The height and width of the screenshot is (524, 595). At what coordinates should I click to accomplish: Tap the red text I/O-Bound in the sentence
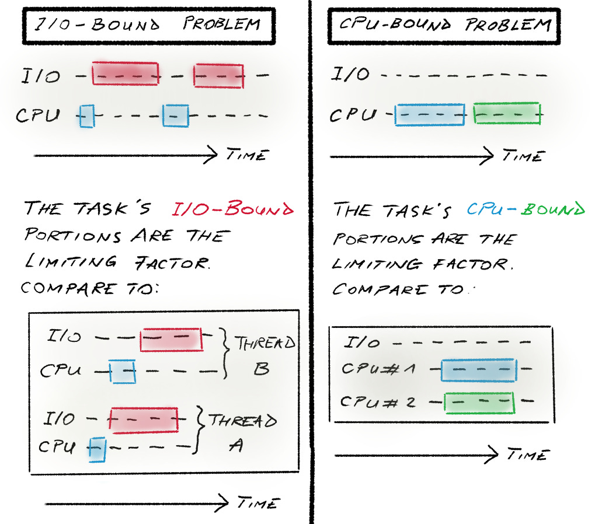233,208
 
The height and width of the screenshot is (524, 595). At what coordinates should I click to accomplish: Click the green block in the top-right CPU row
507,113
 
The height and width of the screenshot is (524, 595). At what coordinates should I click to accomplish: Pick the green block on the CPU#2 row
479,403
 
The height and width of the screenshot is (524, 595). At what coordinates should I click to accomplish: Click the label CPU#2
378,401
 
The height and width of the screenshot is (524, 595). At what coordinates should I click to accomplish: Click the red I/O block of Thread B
171,339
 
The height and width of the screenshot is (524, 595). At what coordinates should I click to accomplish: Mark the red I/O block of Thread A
144,420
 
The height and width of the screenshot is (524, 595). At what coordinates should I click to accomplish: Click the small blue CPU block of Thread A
97,449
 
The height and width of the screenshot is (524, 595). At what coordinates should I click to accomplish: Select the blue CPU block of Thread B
123,371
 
